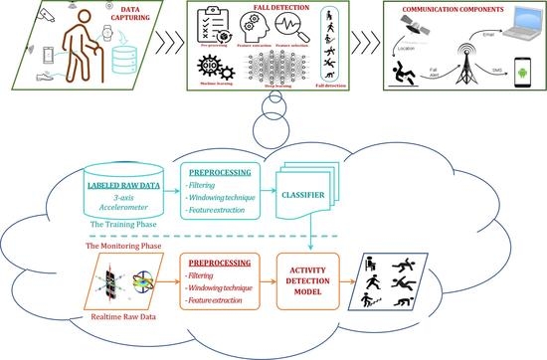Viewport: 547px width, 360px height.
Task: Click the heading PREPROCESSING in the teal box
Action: (x=228, y=169)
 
